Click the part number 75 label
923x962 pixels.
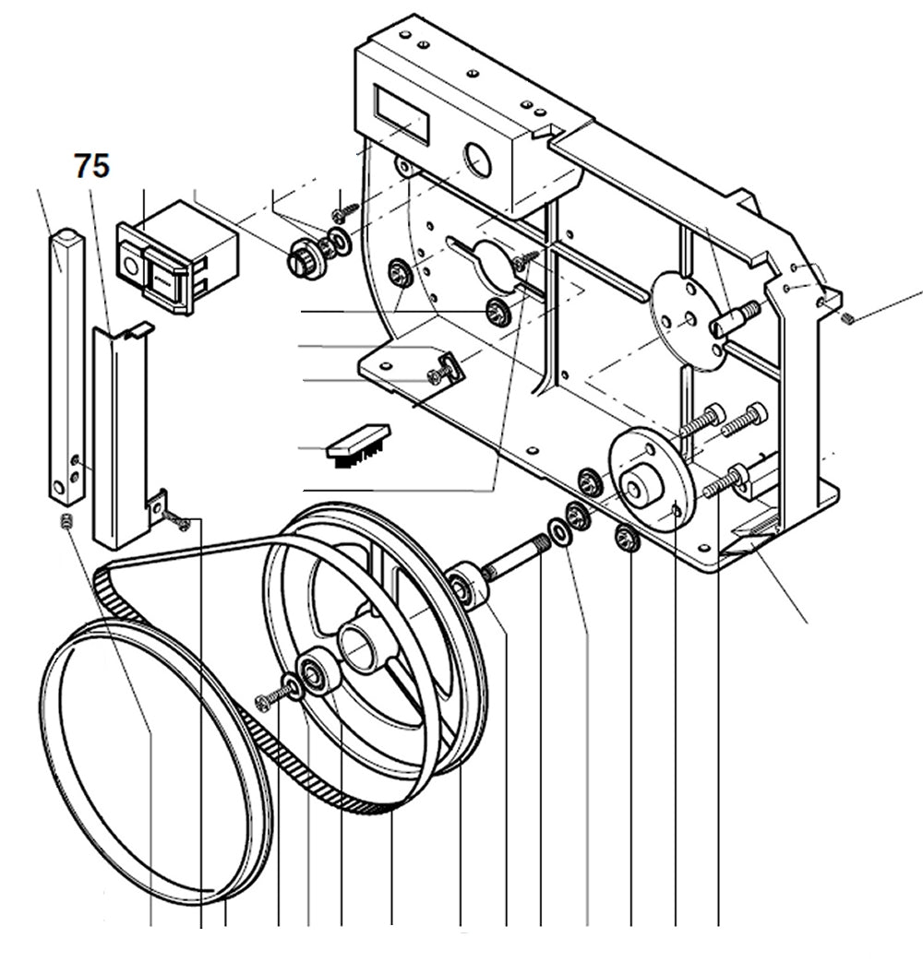pos(92,167)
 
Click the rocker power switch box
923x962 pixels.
pos(175,256)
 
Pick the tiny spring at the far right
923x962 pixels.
pos(850,318)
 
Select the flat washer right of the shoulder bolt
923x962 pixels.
pos(558,530)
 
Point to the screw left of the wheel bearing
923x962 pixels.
pos(270,699)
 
